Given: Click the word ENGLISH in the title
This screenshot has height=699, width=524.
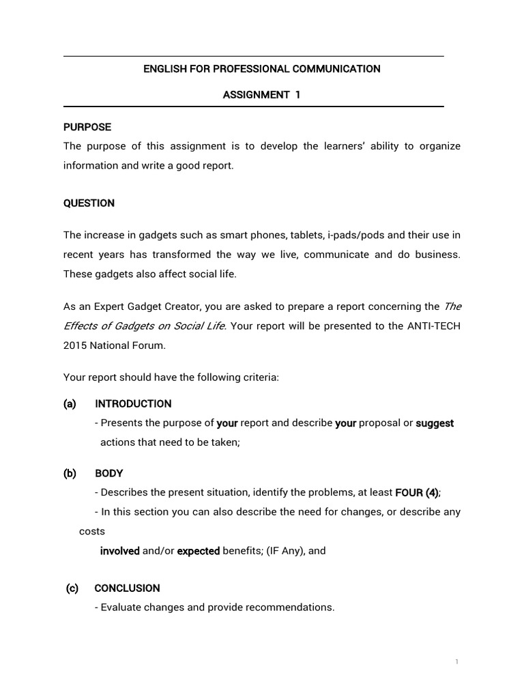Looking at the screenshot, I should [163, 69].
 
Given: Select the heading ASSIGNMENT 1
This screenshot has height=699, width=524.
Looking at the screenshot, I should [261, 95].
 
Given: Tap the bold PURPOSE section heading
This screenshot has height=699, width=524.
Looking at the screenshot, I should [87, 127].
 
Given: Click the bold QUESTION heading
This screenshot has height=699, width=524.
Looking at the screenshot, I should [89, 203].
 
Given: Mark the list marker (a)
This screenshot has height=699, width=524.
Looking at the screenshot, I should [70, 403].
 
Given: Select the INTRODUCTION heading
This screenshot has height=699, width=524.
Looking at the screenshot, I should [133, 403].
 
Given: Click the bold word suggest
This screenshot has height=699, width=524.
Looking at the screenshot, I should [435, 423].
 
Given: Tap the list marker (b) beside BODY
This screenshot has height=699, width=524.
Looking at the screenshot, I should [70, 473].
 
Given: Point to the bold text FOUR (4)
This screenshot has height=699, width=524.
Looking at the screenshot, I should [422, 492].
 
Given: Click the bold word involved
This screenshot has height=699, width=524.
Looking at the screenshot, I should [120, 551].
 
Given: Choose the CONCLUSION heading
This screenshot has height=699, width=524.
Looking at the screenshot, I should [127, 588].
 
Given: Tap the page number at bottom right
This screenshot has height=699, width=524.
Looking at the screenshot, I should [456, 662].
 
